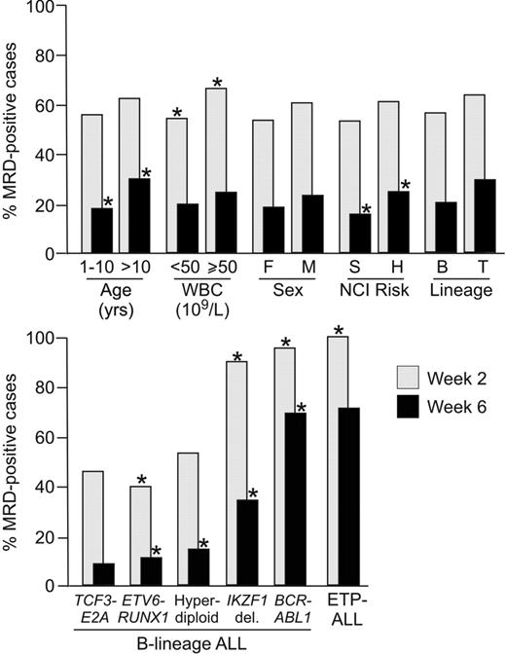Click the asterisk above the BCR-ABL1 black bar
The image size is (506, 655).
click(301, 407)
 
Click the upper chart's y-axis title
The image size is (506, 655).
click(14, 131)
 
